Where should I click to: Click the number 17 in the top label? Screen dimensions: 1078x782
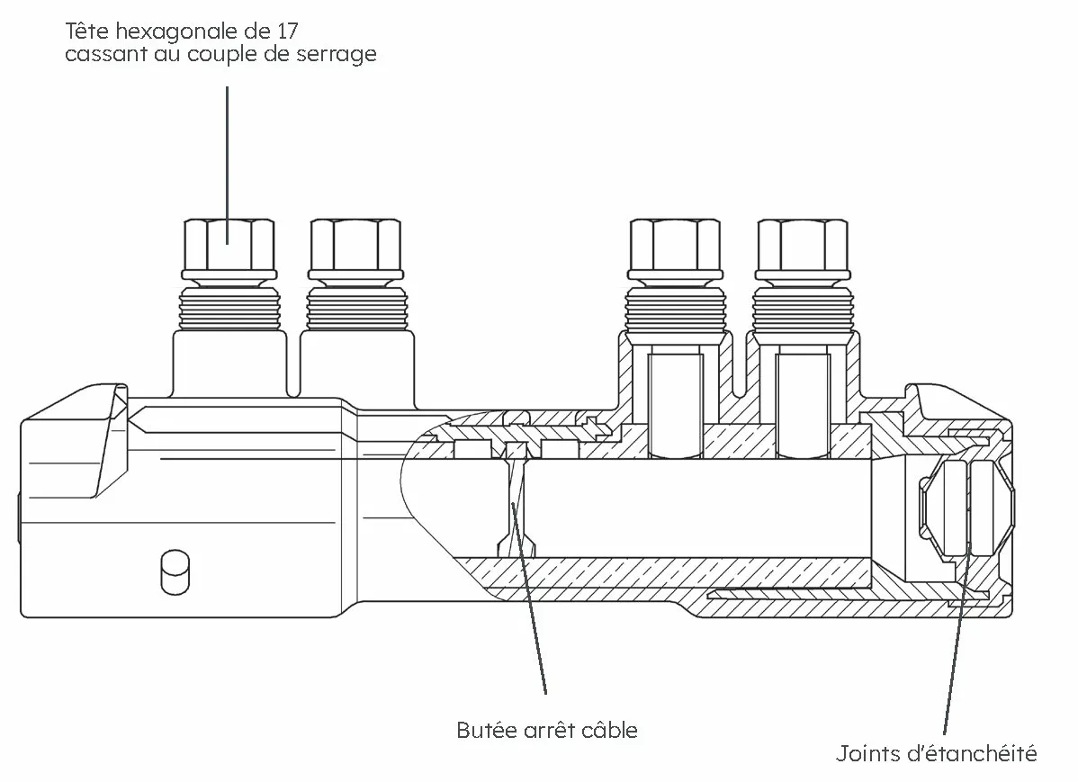click(288, 31)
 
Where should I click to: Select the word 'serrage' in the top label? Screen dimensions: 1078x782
click(337, 54)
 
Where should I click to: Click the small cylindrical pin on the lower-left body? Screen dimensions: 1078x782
click(175, 571)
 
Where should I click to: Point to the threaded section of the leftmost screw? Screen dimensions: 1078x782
click(229, 308)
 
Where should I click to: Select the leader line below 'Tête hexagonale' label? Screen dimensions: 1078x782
click(228, 165)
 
